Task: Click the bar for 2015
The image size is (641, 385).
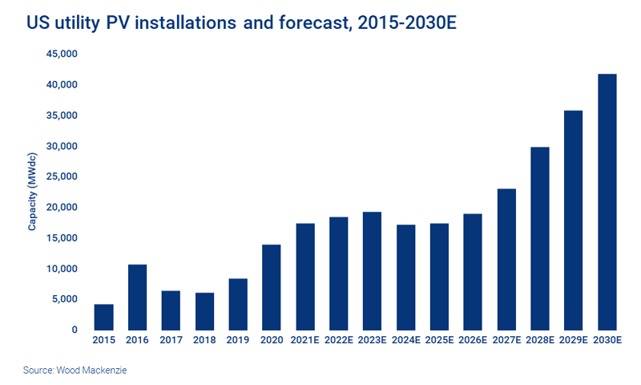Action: [103, 317]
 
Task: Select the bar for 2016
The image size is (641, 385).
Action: [137, 297]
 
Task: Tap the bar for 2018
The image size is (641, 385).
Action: [204, 311]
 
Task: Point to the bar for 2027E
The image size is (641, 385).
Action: [506, 259]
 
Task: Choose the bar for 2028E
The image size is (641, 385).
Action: [540, 238]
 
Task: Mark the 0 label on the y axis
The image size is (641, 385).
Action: [75, 330]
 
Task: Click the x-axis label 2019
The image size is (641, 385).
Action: [238, 341]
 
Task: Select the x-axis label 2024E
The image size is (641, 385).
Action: [405, 341]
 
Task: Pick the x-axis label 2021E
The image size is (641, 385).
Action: [305, 341]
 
